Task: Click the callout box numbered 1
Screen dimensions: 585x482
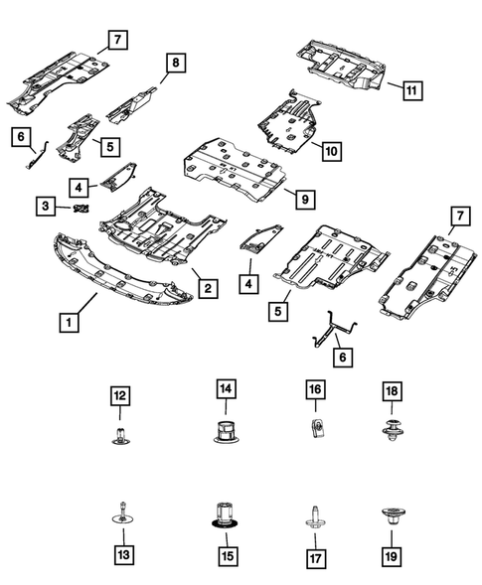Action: tap(70, 323)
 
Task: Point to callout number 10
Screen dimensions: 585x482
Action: tap(330, 151)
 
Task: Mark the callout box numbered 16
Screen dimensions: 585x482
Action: tap(313, 391)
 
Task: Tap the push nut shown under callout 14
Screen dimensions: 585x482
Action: tap(226, 433)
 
